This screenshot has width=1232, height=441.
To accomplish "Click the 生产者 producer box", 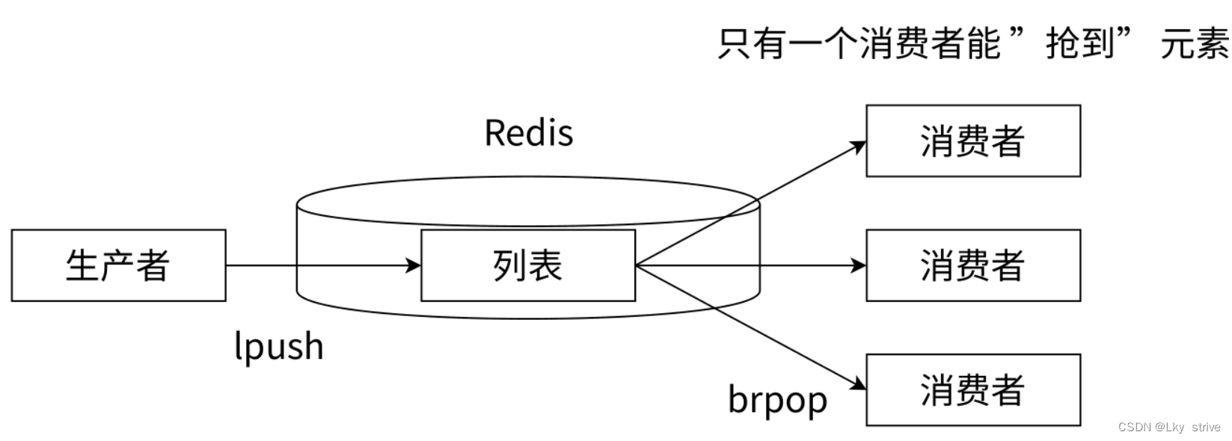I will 118,265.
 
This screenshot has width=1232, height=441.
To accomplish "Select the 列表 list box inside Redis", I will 527,265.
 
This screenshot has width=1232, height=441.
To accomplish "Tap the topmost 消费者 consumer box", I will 972,141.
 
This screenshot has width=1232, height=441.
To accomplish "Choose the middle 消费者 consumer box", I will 972,265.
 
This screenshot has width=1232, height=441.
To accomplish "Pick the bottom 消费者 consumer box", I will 972,390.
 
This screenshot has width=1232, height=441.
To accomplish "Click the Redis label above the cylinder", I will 528,133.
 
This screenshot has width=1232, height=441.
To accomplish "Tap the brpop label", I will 777,400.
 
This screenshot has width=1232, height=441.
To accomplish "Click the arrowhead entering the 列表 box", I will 414,265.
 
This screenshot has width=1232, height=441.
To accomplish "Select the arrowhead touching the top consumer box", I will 859,145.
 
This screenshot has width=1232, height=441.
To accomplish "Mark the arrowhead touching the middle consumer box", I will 859,265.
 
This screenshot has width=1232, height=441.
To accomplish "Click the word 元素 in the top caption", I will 1194,43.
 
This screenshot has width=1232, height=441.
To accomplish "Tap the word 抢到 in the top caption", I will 1079,43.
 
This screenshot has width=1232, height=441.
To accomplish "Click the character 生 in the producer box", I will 82,265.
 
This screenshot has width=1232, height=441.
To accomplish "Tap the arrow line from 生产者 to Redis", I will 314,265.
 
